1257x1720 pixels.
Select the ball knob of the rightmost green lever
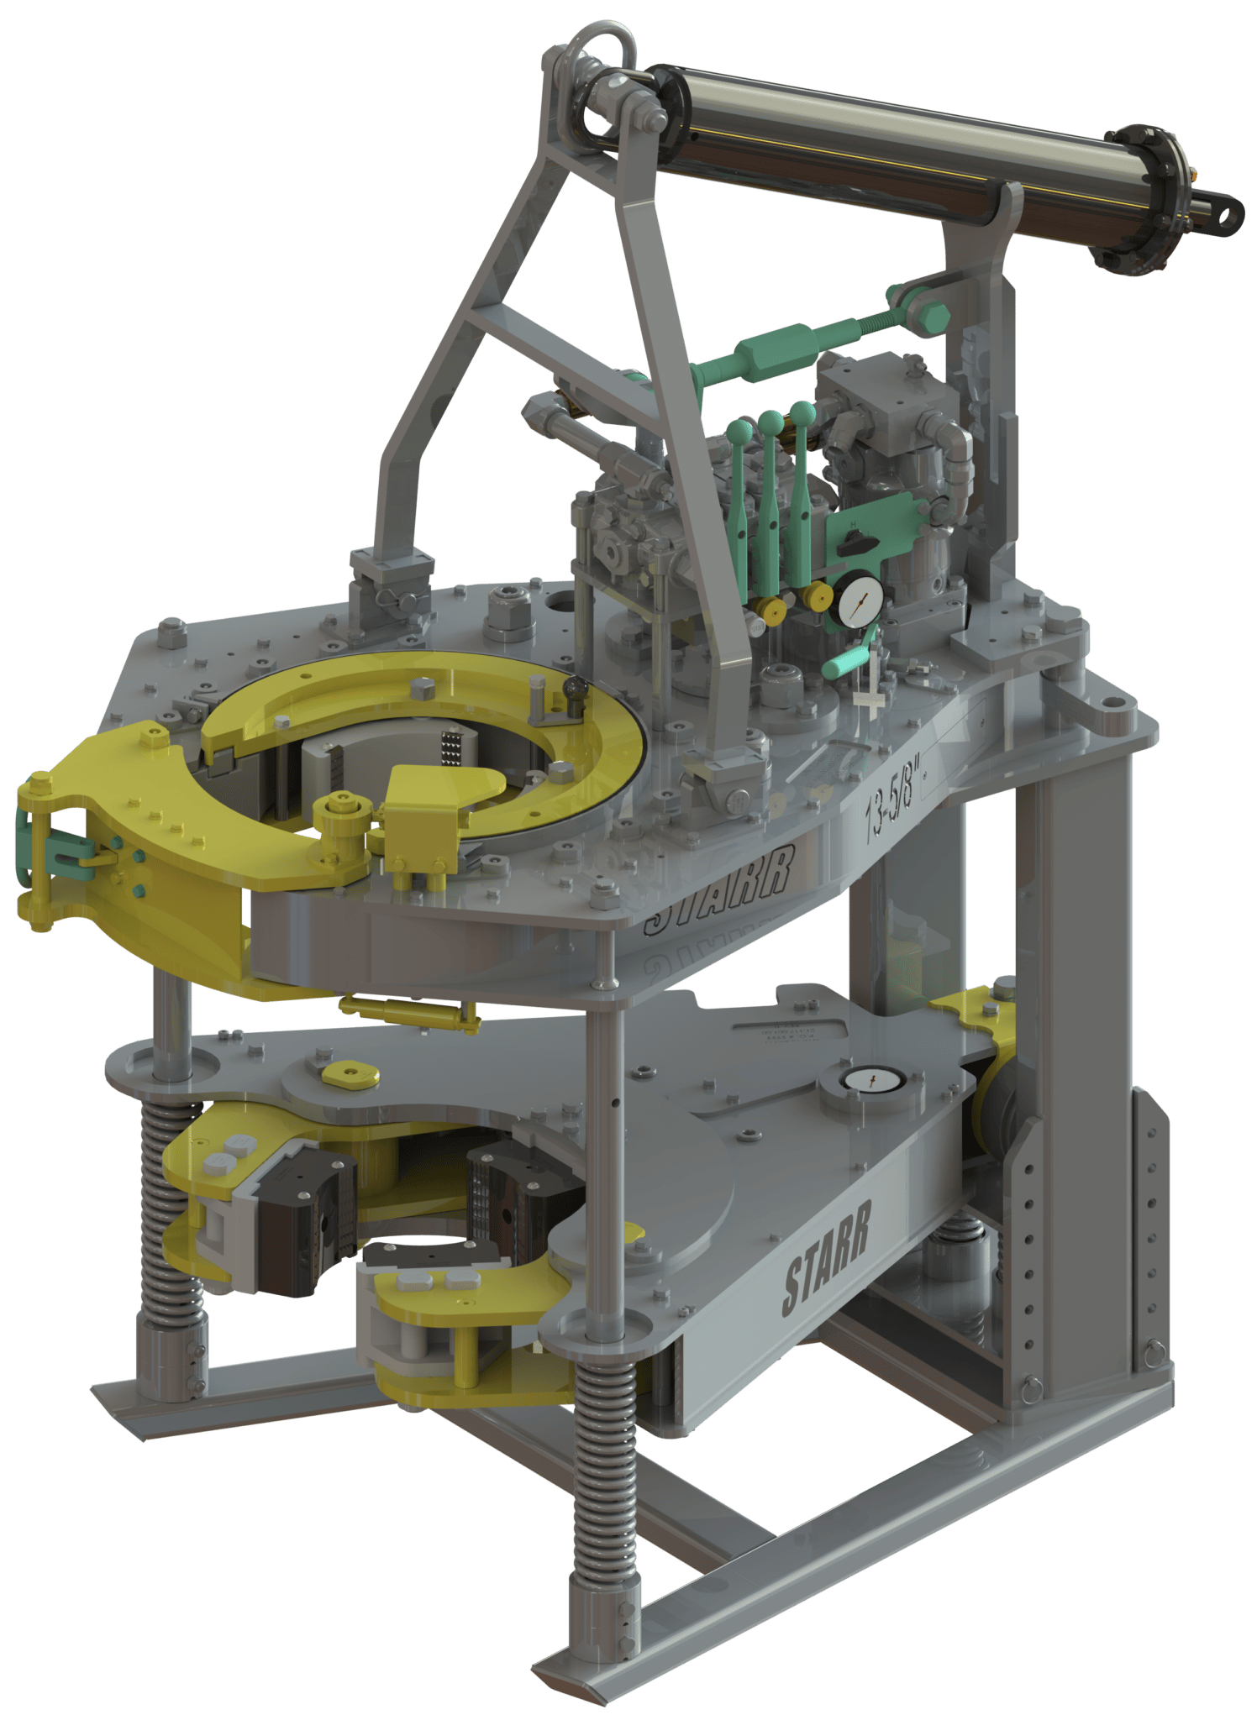[x=802, y=412]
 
